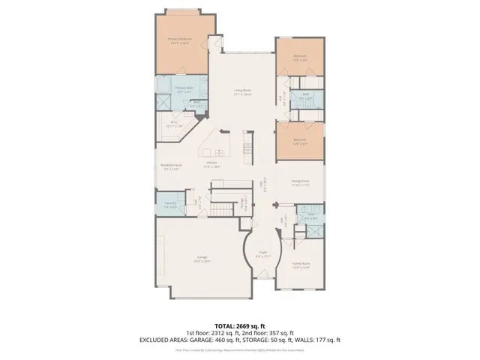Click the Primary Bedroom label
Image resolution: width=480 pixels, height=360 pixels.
click(180, 39)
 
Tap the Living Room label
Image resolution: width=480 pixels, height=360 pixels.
click(241, 92)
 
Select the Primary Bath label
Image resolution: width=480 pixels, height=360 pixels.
click(184, 88)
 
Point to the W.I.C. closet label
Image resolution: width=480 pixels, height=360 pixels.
click(174, 124)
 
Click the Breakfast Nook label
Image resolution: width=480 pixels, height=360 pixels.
click(171, 166)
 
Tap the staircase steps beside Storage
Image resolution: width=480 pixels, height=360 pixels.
click(222, 205)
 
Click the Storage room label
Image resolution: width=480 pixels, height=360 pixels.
click(243, 201)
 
